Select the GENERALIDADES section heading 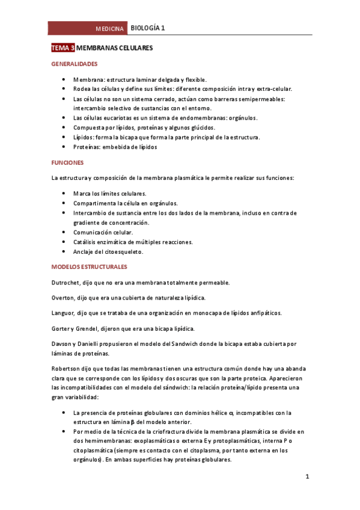click(75, 63)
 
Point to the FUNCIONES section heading click(67, 162)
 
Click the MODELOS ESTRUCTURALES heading click(88, 266)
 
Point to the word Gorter click(62, 328)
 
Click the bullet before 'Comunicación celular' click(64, 232)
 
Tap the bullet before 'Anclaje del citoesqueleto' click(64, 251)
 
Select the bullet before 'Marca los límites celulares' click(64, 194)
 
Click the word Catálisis click(86, 242)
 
